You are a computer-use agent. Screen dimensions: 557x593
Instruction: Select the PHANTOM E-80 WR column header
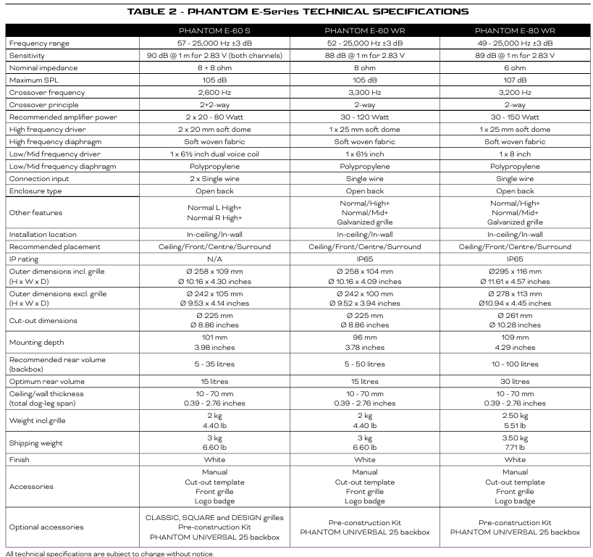[x=515, y=31]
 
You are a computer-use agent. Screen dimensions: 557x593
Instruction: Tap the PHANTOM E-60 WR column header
[x=365, y=31]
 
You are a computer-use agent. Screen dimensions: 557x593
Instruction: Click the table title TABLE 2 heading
[x=297, y=12]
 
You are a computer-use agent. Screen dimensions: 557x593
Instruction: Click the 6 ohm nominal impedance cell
[x=515, y=67]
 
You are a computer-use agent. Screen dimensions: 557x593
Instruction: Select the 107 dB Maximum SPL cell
[x=515, y=80]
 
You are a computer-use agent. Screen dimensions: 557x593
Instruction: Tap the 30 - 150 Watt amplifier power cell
[x=515, y=117]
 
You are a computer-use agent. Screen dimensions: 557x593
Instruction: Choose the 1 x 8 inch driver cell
[x=515, y=154]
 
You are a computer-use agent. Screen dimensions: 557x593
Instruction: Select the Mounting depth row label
[x=37, y=343]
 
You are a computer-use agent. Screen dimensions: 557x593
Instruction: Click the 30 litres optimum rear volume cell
[x=515, y=381]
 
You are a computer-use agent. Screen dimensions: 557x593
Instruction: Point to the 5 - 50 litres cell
[x=365, y=364]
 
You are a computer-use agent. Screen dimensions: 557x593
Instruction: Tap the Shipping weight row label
[x=36, y=443]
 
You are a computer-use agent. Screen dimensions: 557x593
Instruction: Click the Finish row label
[x=20, y=460]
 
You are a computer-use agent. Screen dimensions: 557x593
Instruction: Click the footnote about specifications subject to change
[x=109, y=553]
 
